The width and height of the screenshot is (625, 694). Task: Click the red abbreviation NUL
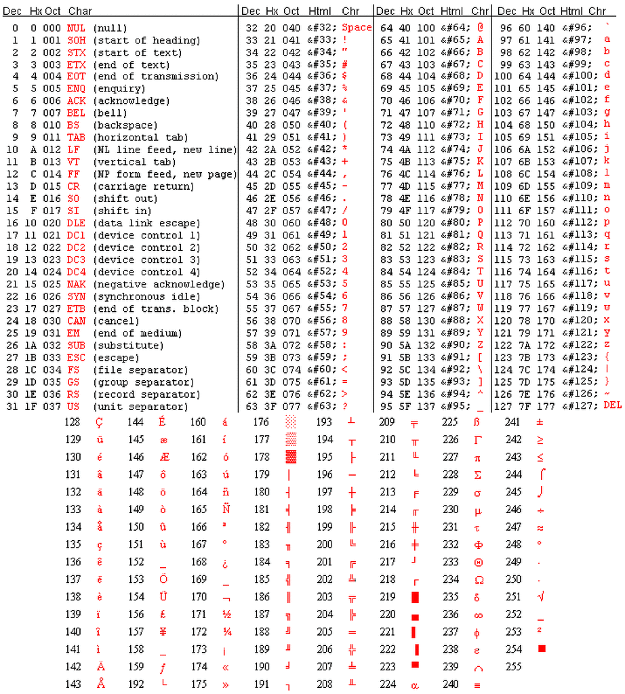click(76, 28)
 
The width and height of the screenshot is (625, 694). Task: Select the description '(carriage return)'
click(143, 186)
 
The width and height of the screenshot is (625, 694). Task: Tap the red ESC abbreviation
click(76, 358)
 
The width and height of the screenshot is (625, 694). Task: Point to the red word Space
click(357, 28)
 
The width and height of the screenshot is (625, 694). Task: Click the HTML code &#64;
click(452, 28)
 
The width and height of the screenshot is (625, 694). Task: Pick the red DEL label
click(612, 405)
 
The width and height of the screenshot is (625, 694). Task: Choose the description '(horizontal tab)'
click(140, 138)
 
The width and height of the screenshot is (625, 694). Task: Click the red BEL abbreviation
click(76, 113)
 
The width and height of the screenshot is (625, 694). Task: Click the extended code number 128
click(73, 422)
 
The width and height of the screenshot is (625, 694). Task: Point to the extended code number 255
click(514, 667)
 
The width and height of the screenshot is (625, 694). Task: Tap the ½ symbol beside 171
click(226, 614)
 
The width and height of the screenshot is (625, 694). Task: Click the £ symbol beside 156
click(163, 614)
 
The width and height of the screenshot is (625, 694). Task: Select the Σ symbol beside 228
click(477, 474)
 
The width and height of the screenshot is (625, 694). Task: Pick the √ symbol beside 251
click(540, 596)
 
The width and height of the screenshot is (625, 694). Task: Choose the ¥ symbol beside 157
click(163, 632)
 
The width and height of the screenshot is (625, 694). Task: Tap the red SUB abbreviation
click(76, 346)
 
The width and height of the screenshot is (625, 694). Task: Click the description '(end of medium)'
click(137, 333)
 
